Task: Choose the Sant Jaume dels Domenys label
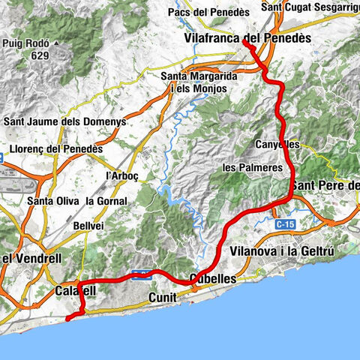pyautogui.click(x=65, y=121)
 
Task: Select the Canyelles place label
pyautogui.click(x=277, y=143)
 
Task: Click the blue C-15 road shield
pyautogui.click(x=283, y=223)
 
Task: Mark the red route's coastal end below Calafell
pyautogui.click(x=67, y=319)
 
